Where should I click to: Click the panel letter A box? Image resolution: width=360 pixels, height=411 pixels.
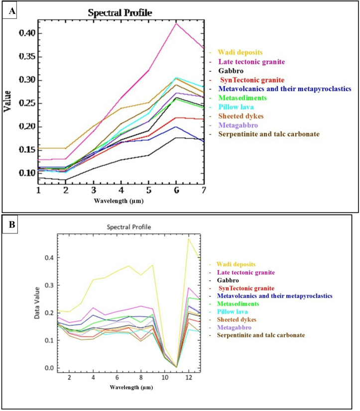tap(9, 11)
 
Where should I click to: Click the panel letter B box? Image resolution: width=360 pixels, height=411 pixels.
tap(10, 224)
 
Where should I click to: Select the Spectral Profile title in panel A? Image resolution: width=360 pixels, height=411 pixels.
tap(120, 12)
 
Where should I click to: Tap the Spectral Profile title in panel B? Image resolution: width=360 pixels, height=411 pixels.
tap(129, 227)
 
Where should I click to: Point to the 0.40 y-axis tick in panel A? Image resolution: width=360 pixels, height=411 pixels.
tap(27, 33)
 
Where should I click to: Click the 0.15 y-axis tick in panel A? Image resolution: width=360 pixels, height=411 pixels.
tap(27, 150)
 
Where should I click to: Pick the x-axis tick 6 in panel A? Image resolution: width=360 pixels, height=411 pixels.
tap(176, 190)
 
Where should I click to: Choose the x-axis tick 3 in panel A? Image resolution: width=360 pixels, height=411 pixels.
tap(94, 190)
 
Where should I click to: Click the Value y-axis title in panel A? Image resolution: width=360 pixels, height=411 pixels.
tap(7, 101)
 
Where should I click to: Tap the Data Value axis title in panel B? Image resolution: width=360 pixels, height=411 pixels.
tap(37, 303)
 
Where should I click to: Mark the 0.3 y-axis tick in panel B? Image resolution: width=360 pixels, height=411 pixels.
tap(49, 285)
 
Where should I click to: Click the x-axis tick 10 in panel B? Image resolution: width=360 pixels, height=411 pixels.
tap(165, 378)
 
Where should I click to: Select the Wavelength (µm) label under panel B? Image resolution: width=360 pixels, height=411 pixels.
tap(131, 387)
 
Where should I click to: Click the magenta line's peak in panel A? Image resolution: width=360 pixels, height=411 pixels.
tap(176, 23)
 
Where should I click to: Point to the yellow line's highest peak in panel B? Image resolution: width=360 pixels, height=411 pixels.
tap(188, 238)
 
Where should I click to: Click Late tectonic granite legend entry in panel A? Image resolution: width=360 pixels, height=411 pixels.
tap(251, 62)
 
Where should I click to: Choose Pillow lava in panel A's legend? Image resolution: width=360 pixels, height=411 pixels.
tap(236, 107)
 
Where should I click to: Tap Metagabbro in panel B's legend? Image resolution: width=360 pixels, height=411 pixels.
tap(234, 327)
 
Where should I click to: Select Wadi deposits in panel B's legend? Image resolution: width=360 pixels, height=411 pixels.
tap(236, 264)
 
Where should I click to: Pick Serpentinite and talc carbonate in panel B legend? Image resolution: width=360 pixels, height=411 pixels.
tap(261, 335)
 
